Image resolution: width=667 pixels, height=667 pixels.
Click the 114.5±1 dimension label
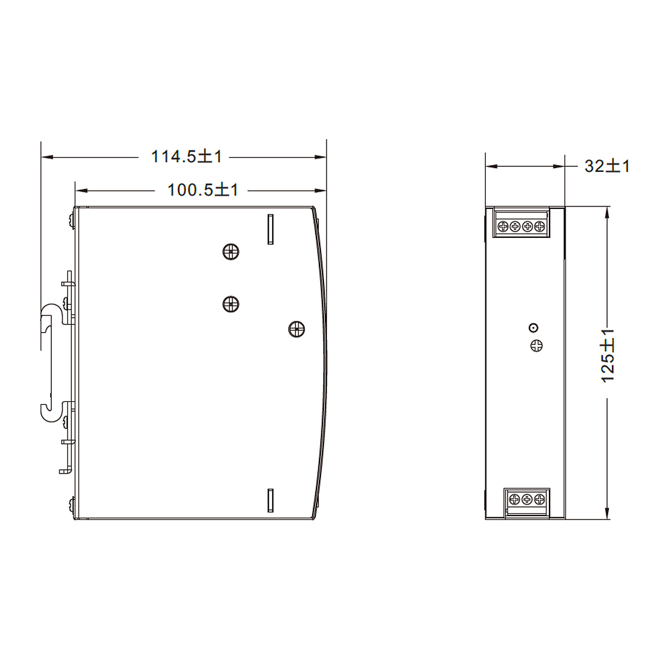point(186,156)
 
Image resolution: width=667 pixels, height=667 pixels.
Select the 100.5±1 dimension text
point(203,190)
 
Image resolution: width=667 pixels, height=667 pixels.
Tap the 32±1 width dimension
point(607,166)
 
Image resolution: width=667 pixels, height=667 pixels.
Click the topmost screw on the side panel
point(231,252)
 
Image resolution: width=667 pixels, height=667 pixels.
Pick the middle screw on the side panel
point(231,304)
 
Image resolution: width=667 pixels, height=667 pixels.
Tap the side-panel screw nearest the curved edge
point(297,329)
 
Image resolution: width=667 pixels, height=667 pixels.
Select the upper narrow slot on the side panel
point(270,229)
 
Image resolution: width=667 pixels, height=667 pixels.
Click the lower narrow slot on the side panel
point(270,500)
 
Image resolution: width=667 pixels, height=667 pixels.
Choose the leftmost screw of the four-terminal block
point(502,226)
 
